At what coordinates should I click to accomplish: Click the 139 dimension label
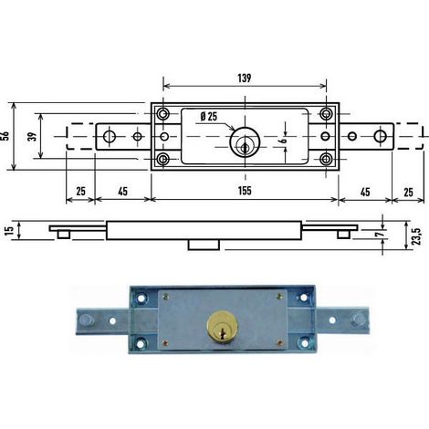[245, 78]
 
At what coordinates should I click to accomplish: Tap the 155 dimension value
[245, 191]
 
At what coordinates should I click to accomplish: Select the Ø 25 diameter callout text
[209, 116]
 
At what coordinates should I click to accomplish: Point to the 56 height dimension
[5, 136]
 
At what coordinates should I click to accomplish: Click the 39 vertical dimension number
[32, 136]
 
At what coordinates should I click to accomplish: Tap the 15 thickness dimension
[10, 230]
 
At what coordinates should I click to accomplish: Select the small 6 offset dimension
[283, 140]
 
